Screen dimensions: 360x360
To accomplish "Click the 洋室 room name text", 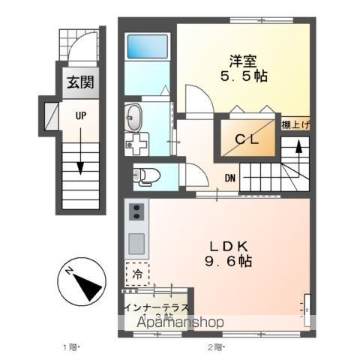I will coord(244,60).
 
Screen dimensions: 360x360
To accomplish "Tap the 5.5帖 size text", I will coord(244,76).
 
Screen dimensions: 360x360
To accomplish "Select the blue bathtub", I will coord(148,46).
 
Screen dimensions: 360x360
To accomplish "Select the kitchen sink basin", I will coord(136,243).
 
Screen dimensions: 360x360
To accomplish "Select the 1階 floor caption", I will coord(70,347).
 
